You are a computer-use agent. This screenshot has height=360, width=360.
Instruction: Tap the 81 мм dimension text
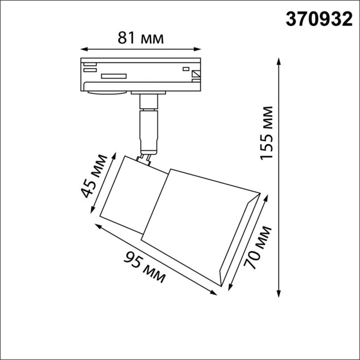pos(140,38)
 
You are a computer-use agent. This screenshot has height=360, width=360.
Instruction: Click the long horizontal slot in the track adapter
pos(114,76)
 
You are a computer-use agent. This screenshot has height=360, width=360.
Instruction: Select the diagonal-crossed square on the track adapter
pos(196,75)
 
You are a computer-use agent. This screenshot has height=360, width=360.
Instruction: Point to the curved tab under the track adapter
pos(106,93)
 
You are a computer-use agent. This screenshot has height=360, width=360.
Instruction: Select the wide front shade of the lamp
pos(201,221)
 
